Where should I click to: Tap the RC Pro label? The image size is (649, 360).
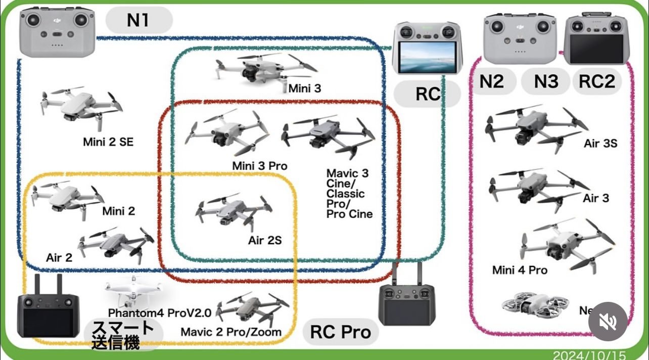click(340, 332)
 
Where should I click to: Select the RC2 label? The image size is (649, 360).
click(596, 81)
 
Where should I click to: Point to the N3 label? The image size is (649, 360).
click(546, 81)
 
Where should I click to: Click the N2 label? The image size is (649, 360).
click(492, 81)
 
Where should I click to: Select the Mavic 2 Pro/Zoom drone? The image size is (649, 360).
click(252, 309)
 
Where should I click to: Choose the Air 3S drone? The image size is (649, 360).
click(535, 126)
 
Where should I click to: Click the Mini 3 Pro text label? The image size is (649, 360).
click(260, 166)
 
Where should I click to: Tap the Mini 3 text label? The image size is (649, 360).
click(304, 88)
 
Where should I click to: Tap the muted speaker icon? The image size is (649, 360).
click(608, 321)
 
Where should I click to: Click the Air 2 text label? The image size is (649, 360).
click(59, 257)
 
